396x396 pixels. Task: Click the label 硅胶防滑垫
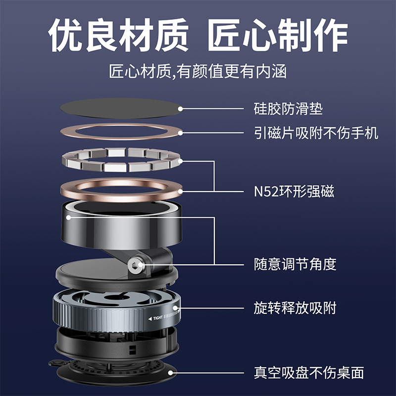pos(288,109)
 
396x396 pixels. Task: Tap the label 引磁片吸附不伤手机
pos(316,133)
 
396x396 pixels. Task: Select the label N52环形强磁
pos(294,191)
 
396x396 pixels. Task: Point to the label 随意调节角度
pos(295,264)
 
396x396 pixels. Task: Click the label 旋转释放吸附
pos(295,308)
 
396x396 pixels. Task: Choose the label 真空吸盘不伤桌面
pos(309,373)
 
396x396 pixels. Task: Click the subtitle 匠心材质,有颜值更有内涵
pos(198,71)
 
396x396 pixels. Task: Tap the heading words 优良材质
pos(118,35)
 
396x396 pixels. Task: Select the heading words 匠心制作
pos(278,35)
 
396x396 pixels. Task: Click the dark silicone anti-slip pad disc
pos(121,108)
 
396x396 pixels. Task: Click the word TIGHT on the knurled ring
pos(158,318)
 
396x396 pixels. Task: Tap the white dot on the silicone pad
pos(180,109)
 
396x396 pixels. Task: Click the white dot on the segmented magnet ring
pos(180,161)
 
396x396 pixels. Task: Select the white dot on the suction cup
pos(171,373)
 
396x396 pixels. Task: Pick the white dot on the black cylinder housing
pos(68,217)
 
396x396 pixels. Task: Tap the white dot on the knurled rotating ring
pos(175,308)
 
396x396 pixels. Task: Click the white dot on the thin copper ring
pos(180,133)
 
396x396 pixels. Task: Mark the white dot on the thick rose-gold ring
pos(180,191)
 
